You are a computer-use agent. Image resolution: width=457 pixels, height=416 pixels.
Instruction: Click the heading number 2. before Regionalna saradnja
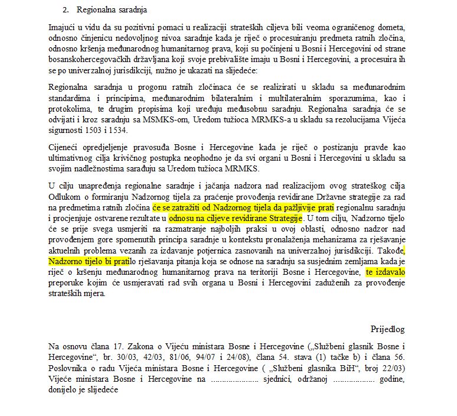pos(66,10)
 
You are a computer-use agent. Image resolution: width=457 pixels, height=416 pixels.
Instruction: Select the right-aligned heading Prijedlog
pos(387,329)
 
